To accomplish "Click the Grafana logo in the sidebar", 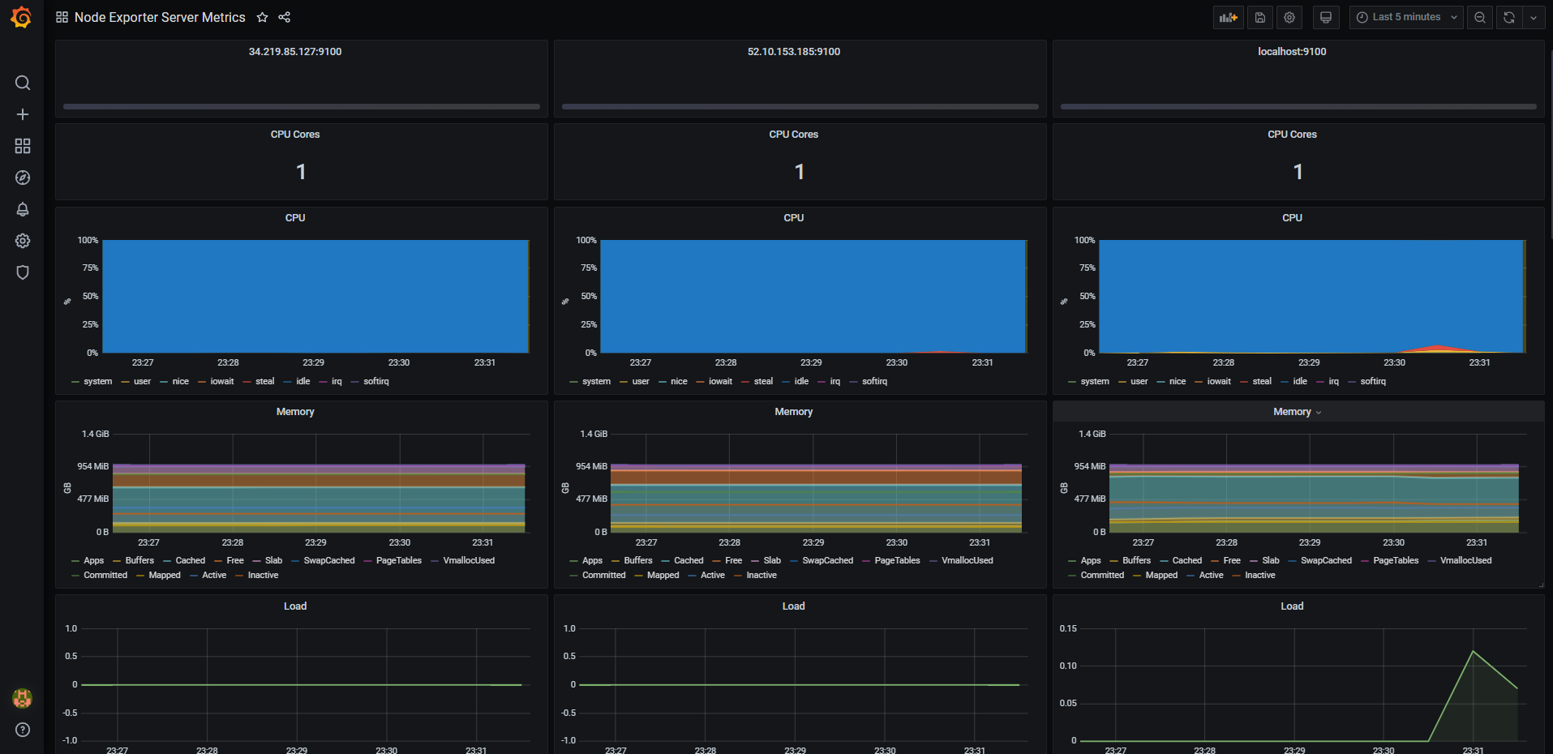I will (22, 17).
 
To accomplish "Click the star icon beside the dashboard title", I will (262, 17).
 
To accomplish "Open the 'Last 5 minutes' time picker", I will (1405, 17).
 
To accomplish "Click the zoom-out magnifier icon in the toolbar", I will (1479, 17).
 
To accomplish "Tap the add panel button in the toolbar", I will (1228, 17).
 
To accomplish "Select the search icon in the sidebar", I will (23, 83).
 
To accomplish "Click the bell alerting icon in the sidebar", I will (23, 209).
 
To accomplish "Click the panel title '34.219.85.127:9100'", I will (295, 52).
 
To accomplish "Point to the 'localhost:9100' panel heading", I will (1292, 52).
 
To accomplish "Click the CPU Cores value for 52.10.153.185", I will (799, 172).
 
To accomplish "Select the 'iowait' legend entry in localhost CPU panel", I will (1218, 381).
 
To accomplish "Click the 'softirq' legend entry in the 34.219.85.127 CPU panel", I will (375, 381).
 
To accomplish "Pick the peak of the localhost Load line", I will (1473, 651).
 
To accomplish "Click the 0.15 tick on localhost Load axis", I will (1068, 628).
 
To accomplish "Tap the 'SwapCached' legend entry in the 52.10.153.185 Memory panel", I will (827, 560).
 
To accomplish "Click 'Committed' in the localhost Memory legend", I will (1102, 575).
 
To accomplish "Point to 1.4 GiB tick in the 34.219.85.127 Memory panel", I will (95, 435).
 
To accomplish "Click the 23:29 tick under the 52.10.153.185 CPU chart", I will (811, 362).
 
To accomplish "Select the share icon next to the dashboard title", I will (284, 17).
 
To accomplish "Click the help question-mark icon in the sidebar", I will (23, 730).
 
